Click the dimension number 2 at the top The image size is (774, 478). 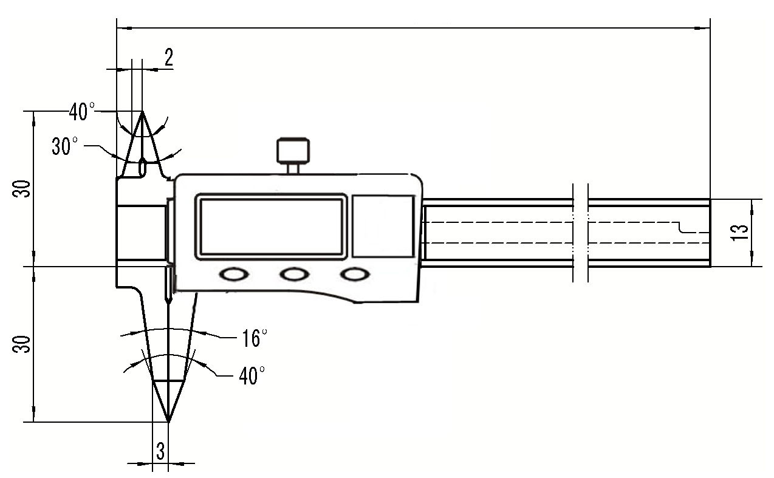tap(169, 57)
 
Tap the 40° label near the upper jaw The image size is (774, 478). tap(82, 111)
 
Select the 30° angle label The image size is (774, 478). tap(64, 146)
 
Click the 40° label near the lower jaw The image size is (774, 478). tap(252, 375)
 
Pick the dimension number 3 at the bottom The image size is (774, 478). tap(160, 451)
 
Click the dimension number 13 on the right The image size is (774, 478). tap(739, 233)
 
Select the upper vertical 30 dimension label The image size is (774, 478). tap(21, 188)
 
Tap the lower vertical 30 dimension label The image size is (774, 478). tap(21, 344)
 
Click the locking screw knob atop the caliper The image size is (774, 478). tap(293, 151)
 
